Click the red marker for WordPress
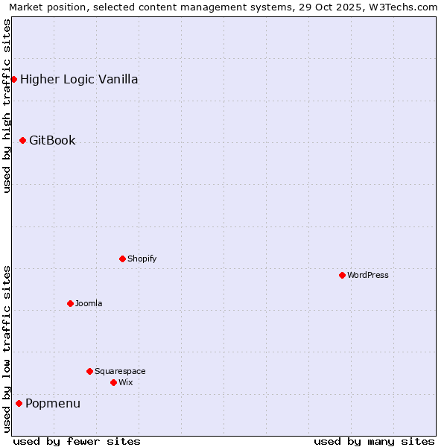pos(342,275)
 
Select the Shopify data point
pos(122,259)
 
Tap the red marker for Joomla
pos(70,303)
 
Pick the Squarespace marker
pos(89,371)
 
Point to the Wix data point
pos(113,382)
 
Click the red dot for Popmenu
pos(19,403)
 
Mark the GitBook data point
pos(22,140)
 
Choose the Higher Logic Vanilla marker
pos(13,79)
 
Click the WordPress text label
pos(368,275)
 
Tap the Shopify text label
pos(142,259)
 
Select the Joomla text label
pos(89,303)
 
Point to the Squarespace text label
pos(120,371)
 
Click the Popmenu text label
pos(53,403)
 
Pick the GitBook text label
pos(52,140)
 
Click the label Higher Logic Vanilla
pos(79,79)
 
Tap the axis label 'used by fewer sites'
pos(77,441)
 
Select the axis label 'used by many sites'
pos(374,441)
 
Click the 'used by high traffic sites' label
pos(7,107)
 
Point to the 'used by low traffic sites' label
pos(7,348)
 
